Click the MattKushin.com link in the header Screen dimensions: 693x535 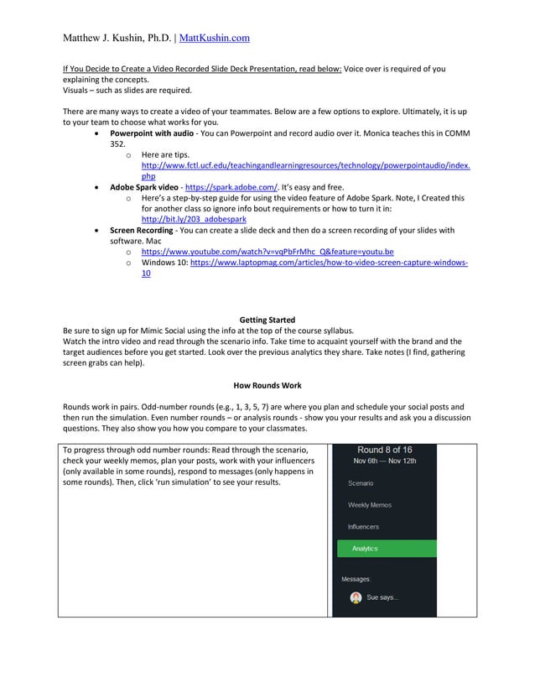[215, 38]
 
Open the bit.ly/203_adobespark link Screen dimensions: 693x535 [194, 219]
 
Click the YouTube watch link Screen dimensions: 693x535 [267, 252]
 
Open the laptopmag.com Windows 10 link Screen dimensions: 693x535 [329, 263]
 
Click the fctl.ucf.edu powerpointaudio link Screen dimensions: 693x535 [305, 166]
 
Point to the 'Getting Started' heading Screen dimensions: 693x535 [267, 320]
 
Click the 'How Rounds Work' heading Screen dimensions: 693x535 [267, 384]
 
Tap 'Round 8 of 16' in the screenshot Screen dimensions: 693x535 [384, 450]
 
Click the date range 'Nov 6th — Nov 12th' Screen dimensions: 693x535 [384, 461]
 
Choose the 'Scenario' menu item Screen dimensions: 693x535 [361, 483]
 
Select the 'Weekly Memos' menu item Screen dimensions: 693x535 [369, 505]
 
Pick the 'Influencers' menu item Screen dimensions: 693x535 [363, 527]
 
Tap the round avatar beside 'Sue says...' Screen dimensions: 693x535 [356, 597]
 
